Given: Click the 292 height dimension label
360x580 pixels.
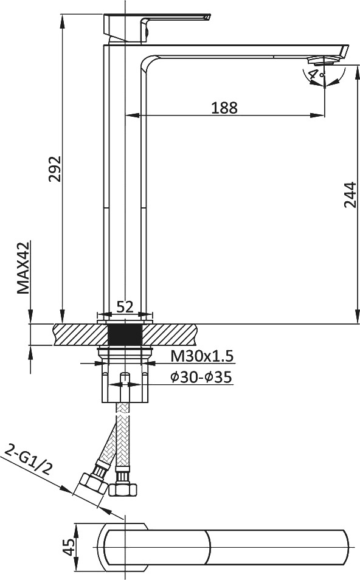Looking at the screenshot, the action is (x=55, y=168).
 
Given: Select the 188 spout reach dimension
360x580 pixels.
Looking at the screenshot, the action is (x=224, y=108).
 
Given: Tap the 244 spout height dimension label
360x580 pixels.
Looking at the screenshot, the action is (x=350, y=195).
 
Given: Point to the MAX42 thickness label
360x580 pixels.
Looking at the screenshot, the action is (x=23, y=268).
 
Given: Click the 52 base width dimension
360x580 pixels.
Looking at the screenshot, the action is (x=125, y=306).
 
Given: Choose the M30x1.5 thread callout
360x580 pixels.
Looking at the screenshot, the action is (x=202, y=356).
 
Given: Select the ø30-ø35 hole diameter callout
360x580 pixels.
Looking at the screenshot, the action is (x=201, y=378).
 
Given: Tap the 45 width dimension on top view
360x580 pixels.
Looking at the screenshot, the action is (x=68, y=547).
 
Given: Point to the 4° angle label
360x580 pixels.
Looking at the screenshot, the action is (x=317, y=74).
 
